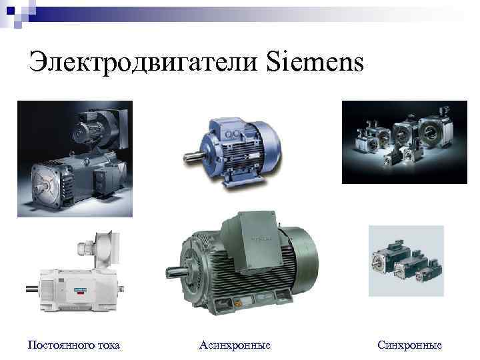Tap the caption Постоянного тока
73,345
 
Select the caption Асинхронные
235,345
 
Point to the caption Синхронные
409,345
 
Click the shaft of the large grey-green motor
173,271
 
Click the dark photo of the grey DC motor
75,158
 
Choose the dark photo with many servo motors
404,141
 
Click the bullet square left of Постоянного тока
20,345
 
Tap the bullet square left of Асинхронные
190,345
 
